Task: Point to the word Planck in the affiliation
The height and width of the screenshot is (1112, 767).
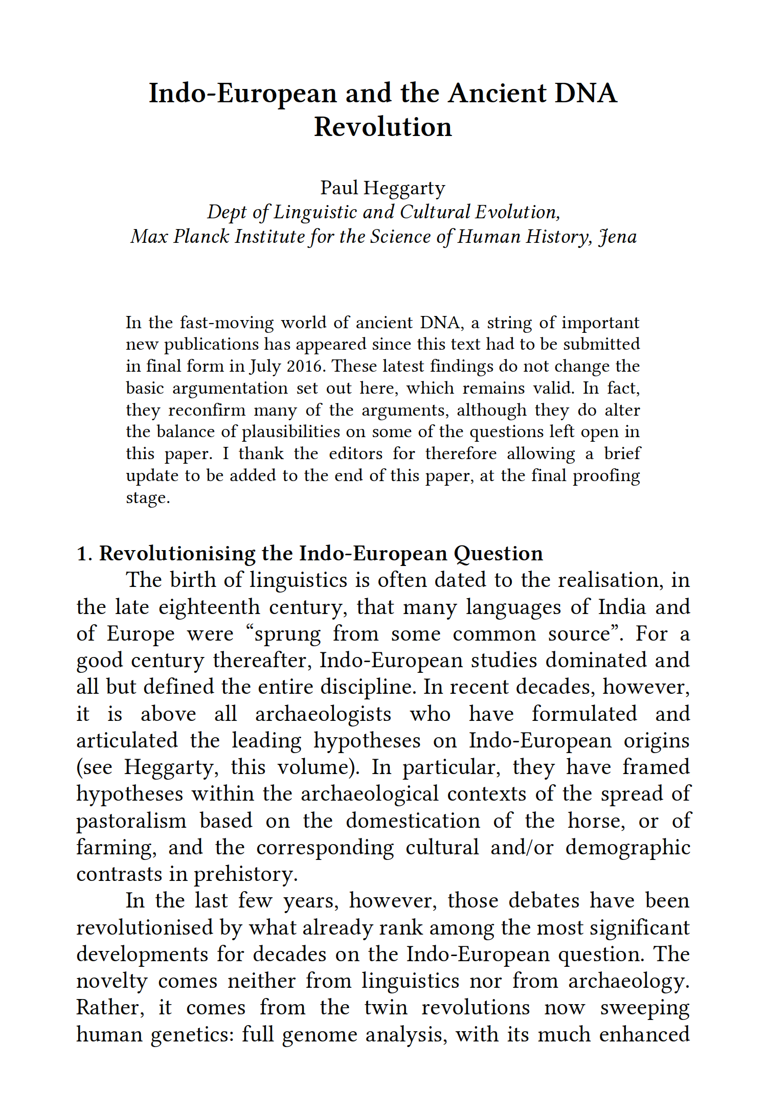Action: (200, 237)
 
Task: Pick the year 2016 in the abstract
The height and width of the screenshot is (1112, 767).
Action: (307, 366)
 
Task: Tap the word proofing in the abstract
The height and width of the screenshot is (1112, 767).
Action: (606, 475)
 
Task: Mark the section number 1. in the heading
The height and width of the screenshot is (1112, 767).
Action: (84, 554)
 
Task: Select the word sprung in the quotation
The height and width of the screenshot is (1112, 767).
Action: (287, 634)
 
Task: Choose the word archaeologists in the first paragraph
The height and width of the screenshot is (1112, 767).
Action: (323, 714)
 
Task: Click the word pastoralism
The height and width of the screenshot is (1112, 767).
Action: (131, 821)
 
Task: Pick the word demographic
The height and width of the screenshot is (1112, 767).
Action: (627, 848)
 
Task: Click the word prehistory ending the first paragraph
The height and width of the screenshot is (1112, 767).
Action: (245, 874)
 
